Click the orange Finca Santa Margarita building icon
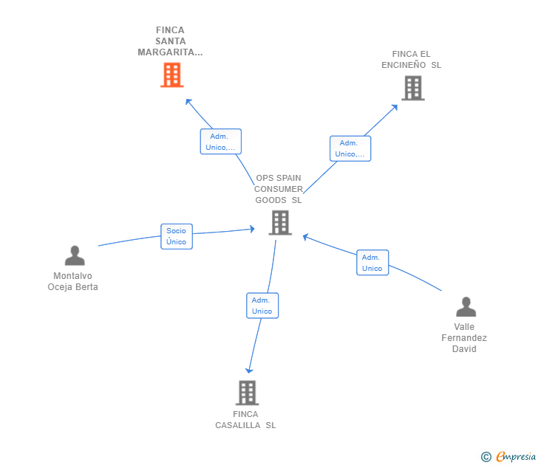(172, 75)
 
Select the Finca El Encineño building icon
(413, 88)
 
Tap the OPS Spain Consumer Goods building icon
(280, 223)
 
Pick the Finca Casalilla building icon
(247, 393)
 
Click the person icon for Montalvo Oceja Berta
(75, 255)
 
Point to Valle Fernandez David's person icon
(466, 307)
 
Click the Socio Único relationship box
(177, 236)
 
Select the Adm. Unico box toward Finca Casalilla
(262, 306)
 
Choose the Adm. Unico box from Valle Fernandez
(372, 263)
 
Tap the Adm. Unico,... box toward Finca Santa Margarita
(221, 142)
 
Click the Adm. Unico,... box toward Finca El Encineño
(350, 148)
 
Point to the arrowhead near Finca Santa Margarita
(188, 101)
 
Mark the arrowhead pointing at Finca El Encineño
(395, 107)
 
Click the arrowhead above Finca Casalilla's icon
(249, 371)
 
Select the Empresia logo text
(516, 456)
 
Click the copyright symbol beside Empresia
(486, 457)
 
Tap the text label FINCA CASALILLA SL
(245, 420)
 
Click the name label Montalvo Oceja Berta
(72, 281)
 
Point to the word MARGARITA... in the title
(170, 52)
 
